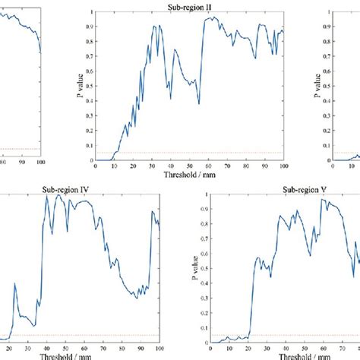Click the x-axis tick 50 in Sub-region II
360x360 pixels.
click(x=189, y=166)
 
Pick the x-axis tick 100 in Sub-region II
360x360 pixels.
click(x=283, y=166)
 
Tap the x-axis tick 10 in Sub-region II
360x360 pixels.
click(x=114, y=166)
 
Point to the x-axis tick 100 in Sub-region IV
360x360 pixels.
click(x=157, y=346)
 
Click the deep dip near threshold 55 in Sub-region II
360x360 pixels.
click(x=198, y=103)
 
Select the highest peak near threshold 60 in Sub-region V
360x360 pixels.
click(x=322, y=199)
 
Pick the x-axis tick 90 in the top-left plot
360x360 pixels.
click(x=21, y=161)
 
